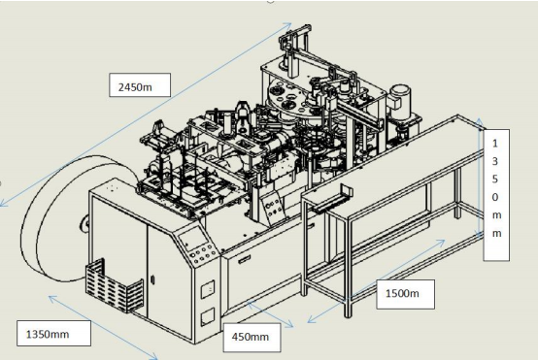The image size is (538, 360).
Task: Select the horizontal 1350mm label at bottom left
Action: coord(53,334)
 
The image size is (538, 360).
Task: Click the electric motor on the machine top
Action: coord(398,99)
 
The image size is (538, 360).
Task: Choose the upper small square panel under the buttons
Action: coord(206,289)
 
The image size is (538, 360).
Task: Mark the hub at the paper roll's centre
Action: coord(84,226)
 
